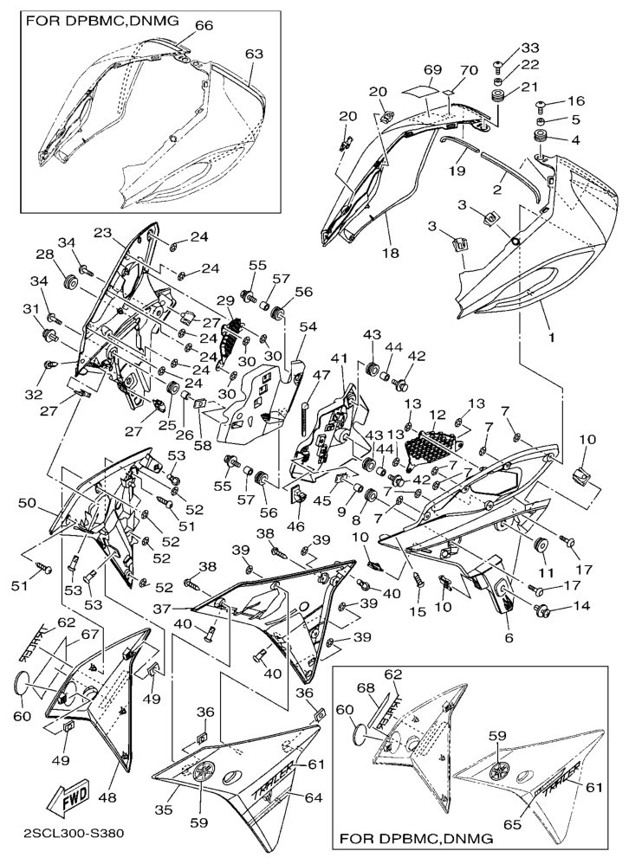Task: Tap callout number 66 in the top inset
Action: (x=204, y=26)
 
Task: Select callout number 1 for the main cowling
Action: (x=551, y=338)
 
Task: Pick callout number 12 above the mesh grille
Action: (x=438, y=414)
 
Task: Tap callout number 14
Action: (x=580, y=606)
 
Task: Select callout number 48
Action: (x=108, y=797)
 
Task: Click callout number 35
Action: (x=164, y=810)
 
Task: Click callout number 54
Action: (x=308, y=326)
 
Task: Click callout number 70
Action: (x=469, y=70)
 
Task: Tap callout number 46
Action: (x=295, y=526)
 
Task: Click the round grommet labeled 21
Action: (x=499, y=94)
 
